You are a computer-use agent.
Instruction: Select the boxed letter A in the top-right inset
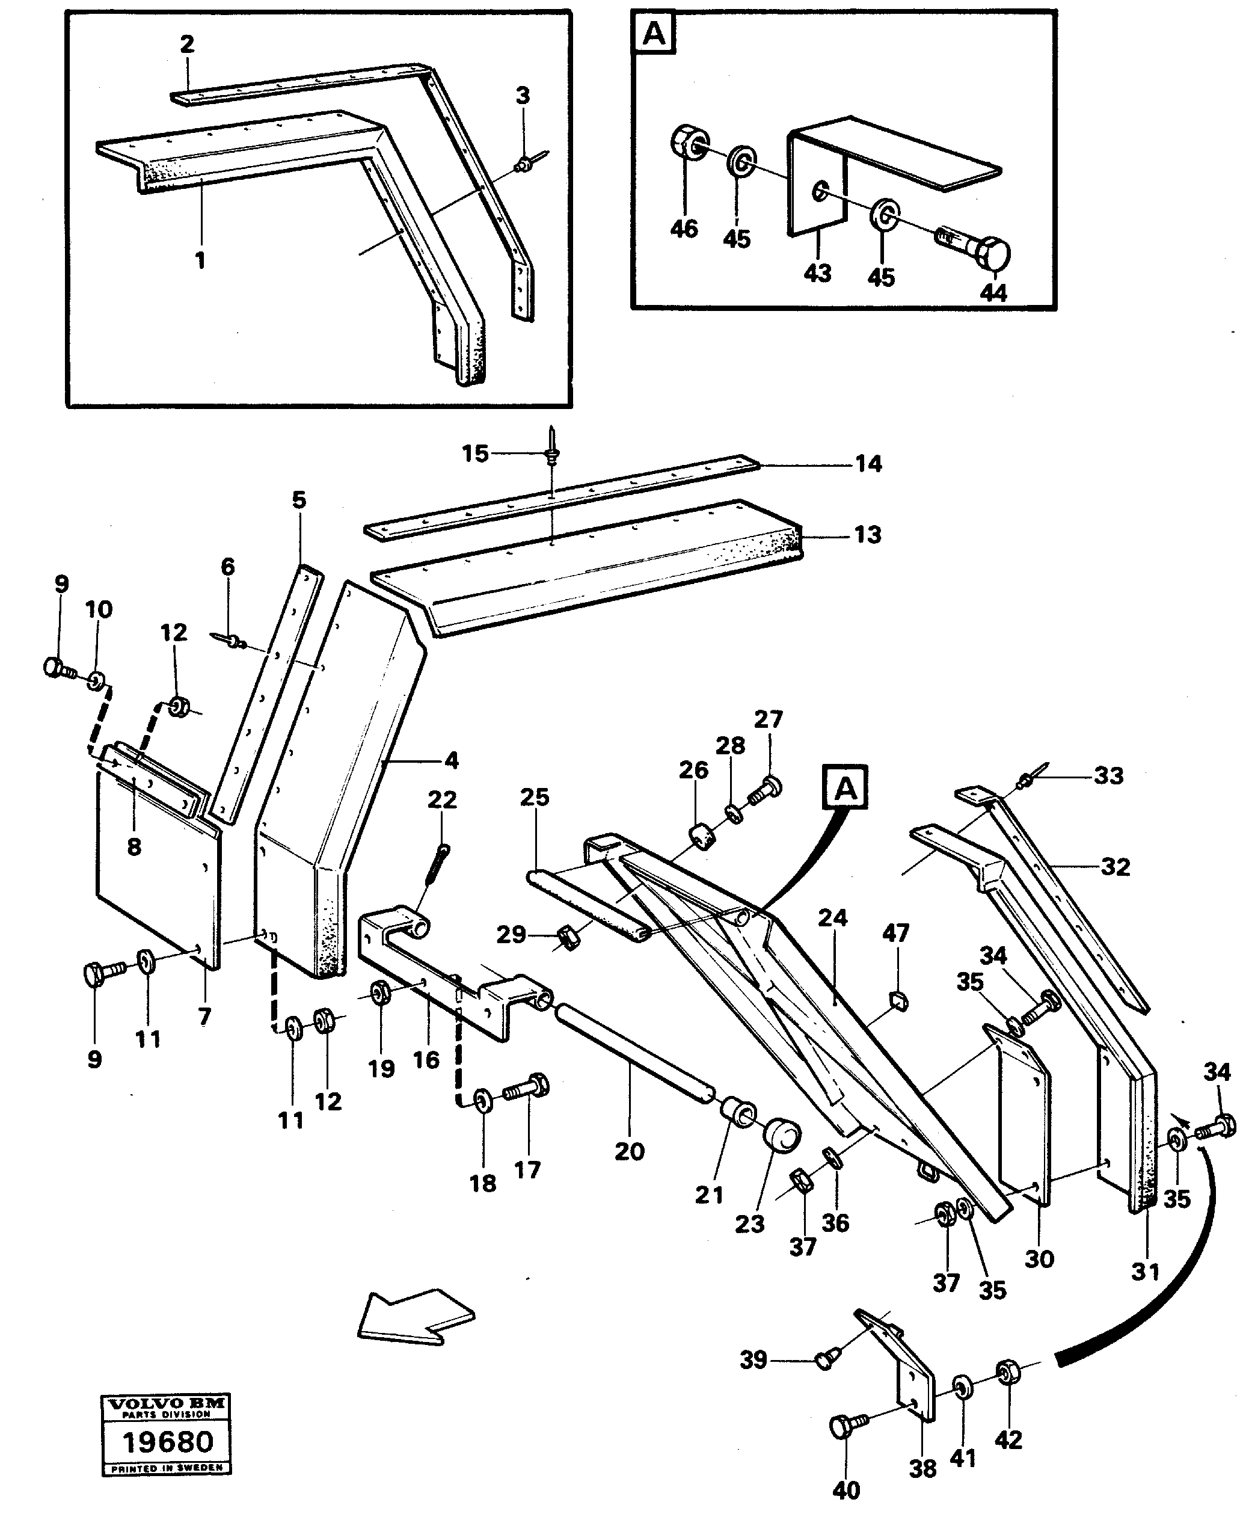pos(654,34)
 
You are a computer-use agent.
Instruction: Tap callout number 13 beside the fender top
pos(868,535)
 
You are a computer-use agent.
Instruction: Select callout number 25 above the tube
pos(534,797)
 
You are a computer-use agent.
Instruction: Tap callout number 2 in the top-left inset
pos(187,45)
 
